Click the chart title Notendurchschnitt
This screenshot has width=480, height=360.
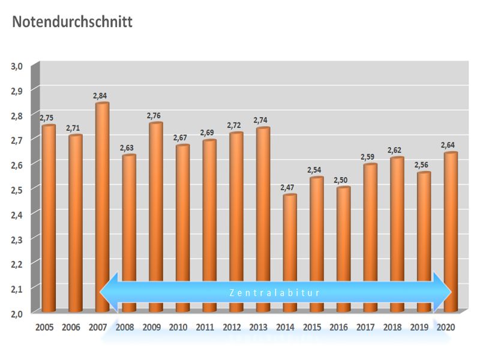point(71,22)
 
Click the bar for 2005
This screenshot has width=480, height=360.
point(48,216)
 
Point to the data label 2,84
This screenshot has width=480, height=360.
point(100,95)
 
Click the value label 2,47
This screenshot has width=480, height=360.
point(288,187)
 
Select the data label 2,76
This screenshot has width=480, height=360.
point(154,115)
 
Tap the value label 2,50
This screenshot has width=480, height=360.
point(342,180)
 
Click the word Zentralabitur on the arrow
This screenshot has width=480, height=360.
point(275,293)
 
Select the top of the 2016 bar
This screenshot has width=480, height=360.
point(343,188)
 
